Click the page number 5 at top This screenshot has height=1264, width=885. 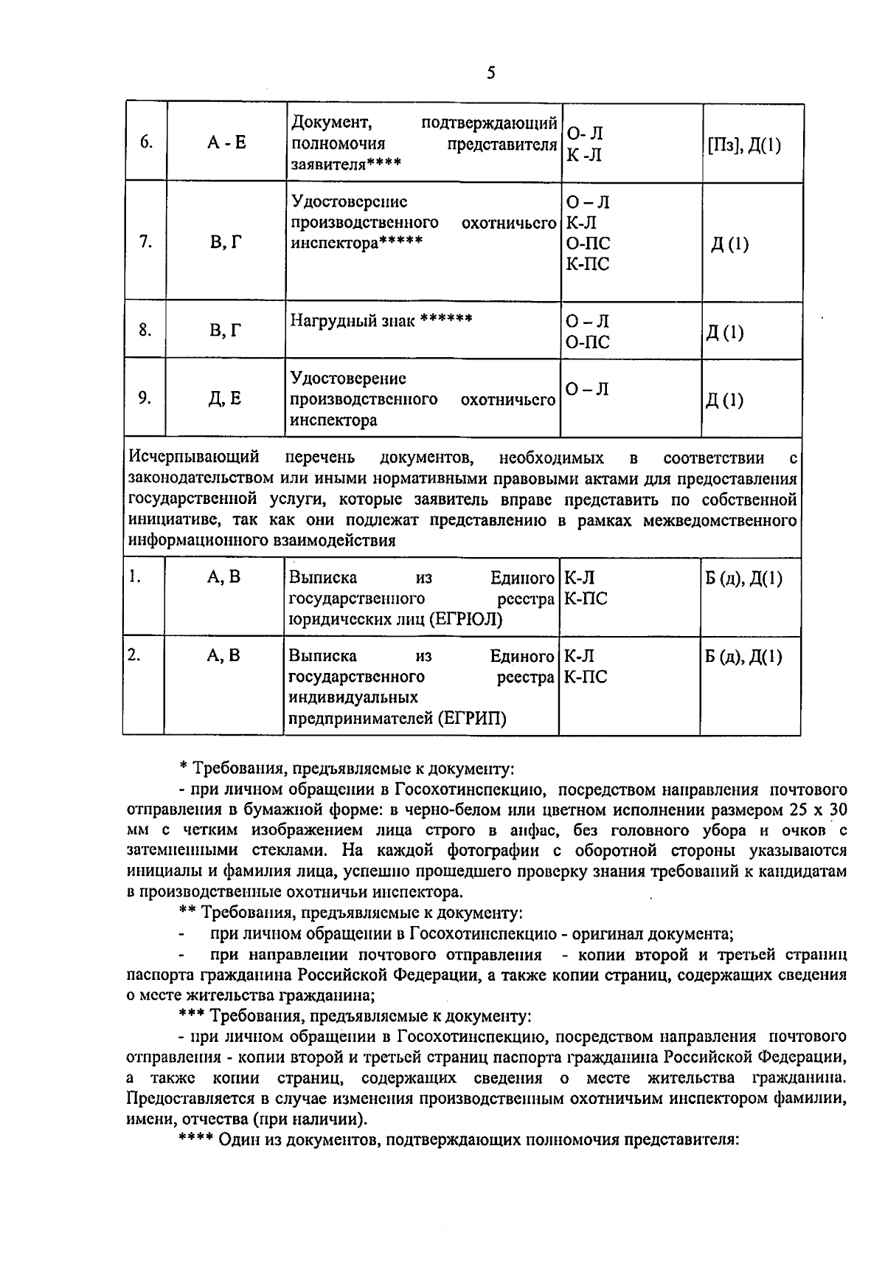[x=491, y=73]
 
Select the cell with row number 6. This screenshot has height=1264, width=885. [x=146, y=142]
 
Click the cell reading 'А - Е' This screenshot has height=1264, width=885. [x=226, y=142]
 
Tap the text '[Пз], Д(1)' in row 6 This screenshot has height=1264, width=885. [x=743, y=145]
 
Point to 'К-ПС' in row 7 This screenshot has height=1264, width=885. [x=587, y=263]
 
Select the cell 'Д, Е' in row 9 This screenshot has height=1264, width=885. [x=225, y=399]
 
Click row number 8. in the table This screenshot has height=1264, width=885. [x=145, y=330]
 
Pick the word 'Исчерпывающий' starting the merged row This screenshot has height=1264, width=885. [x=193, y=458]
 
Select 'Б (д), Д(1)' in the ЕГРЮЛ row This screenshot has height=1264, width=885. [x=743, y=578]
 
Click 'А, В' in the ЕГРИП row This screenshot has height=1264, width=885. [x=224, y=656]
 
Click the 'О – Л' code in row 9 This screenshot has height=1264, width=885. [x=587, y=390]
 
